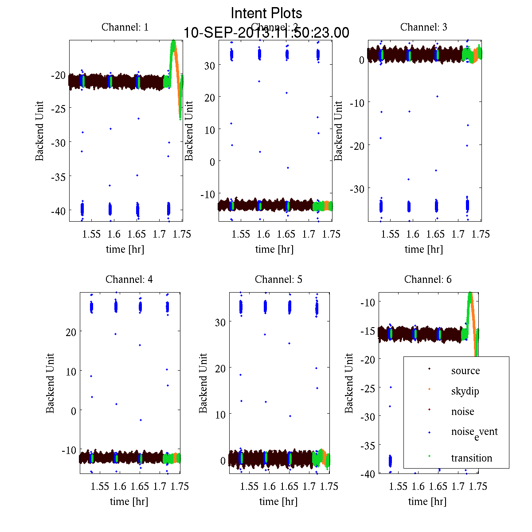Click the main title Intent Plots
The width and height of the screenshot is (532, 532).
pyautogui.click(x=266, y=13)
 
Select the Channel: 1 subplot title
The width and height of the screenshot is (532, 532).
pyautogui.click(x=125, y=27)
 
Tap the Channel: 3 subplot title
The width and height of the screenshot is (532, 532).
pyautogui.click(x=424, y=27)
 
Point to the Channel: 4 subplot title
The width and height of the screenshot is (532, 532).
pyautogui.click(x=129, y=279)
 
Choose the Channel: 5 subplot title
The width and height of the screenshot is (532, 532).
pyautogui.click(x=278, y=279)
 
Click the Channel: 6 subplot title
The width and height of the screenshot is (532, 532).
pyautogui.click(x=428, y=279)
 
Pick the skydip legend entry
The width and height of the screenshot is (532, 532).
pyautogui.click(x=465, y=391)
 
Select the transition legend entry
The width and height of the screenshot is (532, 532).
pyautogui.click(x=471, y=458)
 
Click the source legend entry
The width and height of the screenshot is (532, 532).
pyautogui.click(x=465, y=371)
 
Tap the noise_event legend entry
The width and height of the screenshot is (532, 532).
pyautogui.click(x=474, y=432)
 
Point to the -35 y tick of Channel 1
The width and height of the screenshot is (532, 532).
pyautogui.click(x=58, y=177)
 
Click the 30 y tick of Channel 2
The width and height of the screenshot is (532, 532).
pyautogui.click(x=209, y=65)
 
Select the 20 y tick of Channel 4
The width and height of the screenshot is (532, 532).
pyautogui.click(x=71, y=332)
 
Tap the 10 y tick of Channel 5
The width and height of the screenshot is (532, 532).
pyautogui.click(x=220, y=415)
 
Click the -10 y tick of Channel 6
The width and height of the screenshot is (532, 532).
pyautogui.click(x=369, y=302)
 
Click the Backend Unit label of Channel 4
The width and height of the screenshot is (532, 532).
pyautogui.click(x=50, y=383)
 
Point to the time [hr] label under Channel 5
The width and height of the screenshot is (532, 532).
pyautogui.click(x=278, y=501)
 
